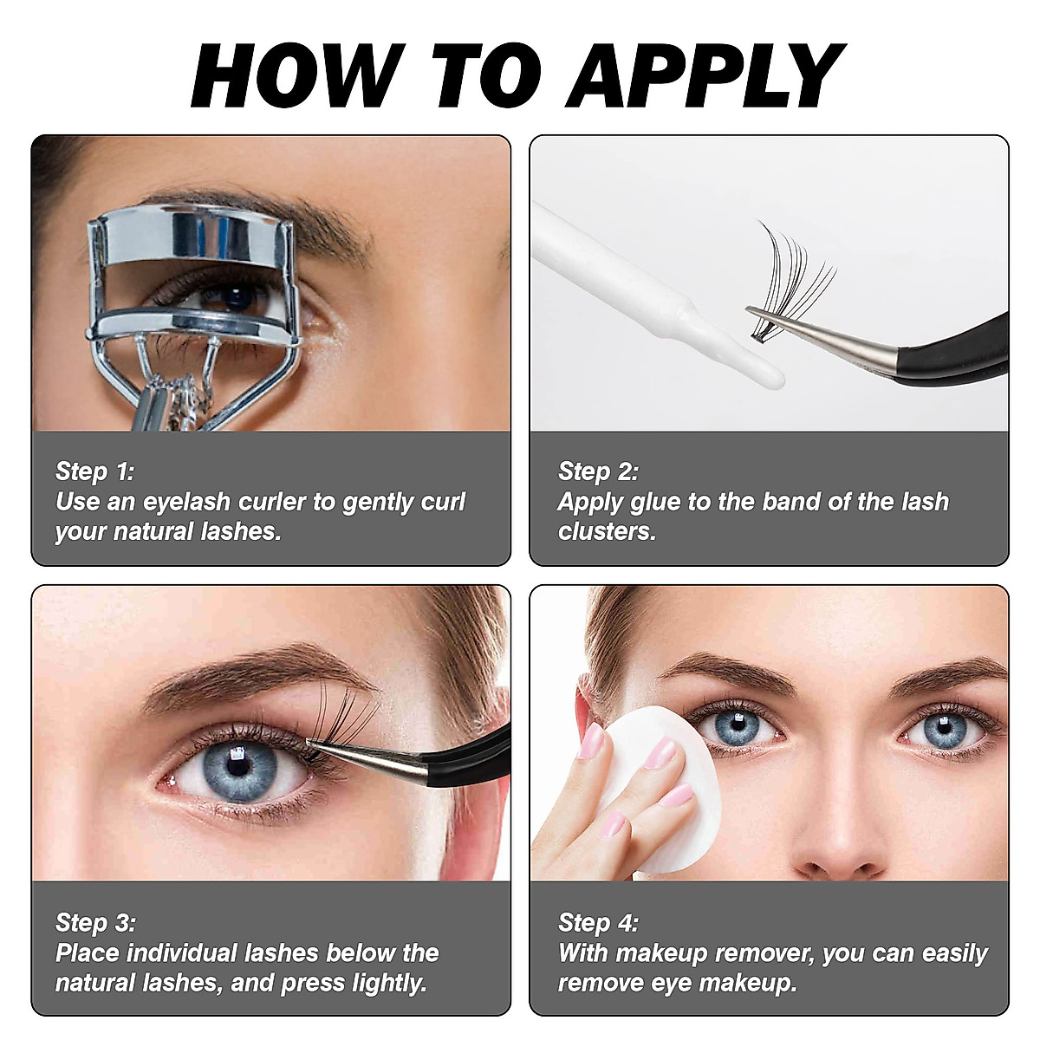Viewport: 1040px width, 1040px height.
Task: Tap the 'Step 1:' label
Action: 94,471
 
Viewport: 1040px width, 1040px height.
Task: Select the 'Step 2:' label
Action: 597,471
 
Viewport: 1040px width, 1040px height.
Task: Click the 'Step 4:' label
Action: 598,922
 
